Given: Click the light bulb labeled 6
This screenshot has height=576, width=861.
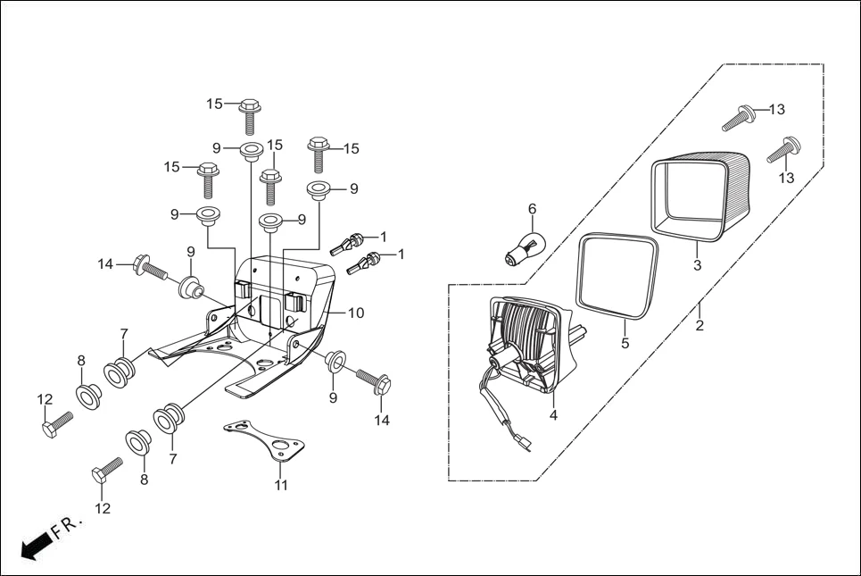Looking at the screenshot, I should [526, 244].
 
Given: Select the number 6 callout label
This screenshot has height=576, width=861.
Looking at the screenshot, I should [533, 209].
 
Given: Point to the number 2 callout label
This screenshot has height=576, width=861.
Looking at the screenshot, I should [700, 326].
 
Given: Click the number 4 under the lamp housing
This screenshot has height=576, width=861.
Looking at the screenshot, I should [553, 415].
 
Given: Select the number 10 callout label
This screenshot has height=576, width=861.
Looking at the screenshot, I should [356, 313].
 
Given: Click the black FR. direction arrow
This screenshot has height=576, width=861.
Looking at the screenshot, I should [33, 546].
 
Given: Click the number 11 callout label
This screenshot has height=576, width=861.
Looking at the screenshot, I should [281, 486].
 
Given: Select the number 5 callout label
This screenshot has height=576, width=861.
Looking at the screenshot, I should [625, 343].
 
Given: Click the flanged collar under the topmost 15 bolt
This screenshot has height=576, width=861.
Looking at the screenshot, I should [251, 149].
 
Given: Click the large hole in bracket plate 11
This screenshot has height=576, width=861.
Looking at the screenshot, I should [287, 444].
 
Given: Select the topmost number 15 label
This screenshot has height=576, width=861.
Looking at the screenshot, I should [214, 104].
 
